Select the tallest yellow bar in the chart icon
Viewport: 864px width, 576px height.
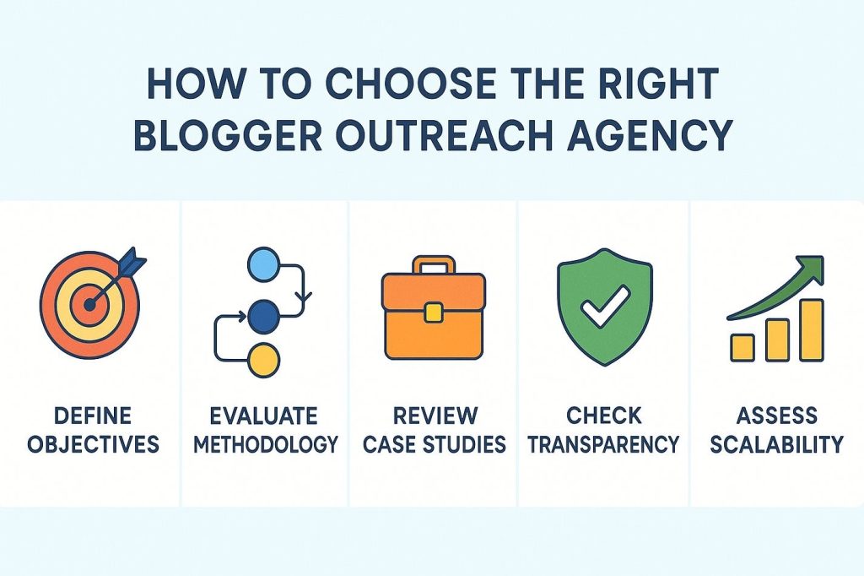pyautogui.click(x=811, y=329)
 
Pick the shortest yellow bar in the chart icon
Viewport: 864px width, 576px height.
pyautogui.click(x=742, y=346)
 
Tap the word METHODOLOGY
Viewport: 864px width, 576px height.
pyautogui.click(x=266, y=443)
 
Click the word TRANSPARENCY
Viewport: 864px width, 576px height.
pyautogui.click(x=603, y=443)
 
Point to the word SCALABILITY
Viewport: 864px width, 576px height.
pyautogui.click(x=776, y=443)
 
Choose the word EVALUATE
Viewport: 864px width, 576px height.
pyautogui.click(x=265, y=416)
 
